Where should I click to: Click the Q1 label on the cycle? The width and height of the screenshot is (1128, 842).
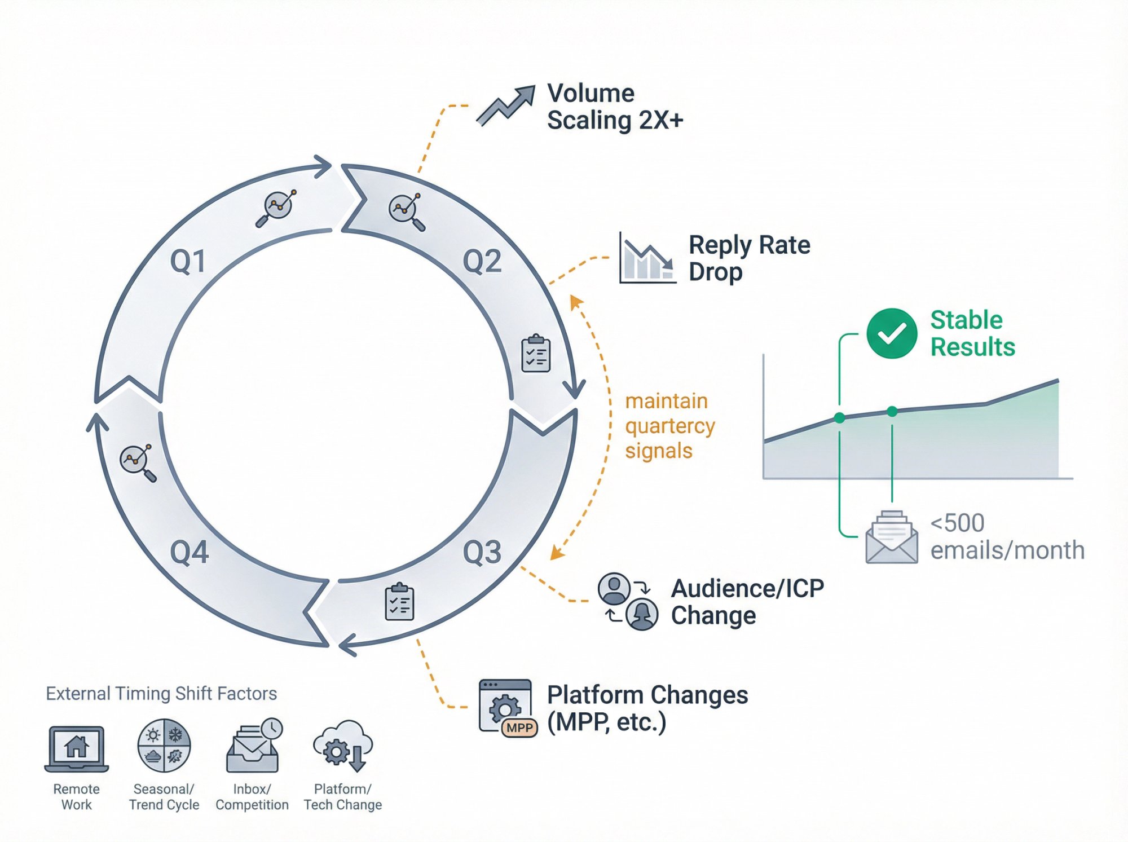pyautogui.click(x=188, y=262)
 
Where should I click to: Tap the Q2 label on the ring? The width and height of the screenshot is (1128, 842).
pyautogui.click(x=482, y=262)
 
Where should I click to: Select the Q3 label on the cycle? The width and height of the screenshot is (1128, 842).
pyautogui.click(x=482, y=552)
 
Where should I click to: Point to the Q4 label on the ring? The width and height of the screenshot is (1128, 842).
pyautogui.click(x=190, y=552)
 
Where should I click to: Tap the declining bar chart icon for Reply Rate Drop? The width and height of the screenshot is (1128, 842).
pyautogui.click(x=647, y=259)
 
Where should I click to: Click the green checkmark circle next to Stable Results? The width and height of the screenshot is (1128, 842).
pyautogui.click(x=892, y=333)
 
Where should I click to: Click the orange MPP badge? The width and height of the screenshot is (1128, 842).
pyautogui.click(x=519, y=728)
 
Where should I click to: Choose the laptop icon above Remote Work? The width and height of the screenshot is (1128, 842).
pyautogui.click(x=77, y=748)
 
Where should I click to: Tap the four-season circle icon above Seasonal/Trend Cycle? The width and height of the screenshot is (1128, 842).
pyautogui.click(x=164, y=745)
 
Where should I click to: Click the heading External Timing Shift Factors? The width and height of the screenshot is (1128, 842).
pyautogui.click(x=161, y=693)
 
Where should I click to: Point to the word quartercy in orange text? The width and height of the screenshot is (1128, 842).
pyautogui.click(x=670, y=426)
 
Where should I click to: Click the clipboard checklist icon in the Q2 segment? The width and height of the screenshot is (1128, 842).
pyautogui.click(x=536, y=354)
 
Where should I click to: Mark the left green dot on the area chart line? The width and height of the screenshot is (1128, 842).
pyautogui.click(x=840, y=418)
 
